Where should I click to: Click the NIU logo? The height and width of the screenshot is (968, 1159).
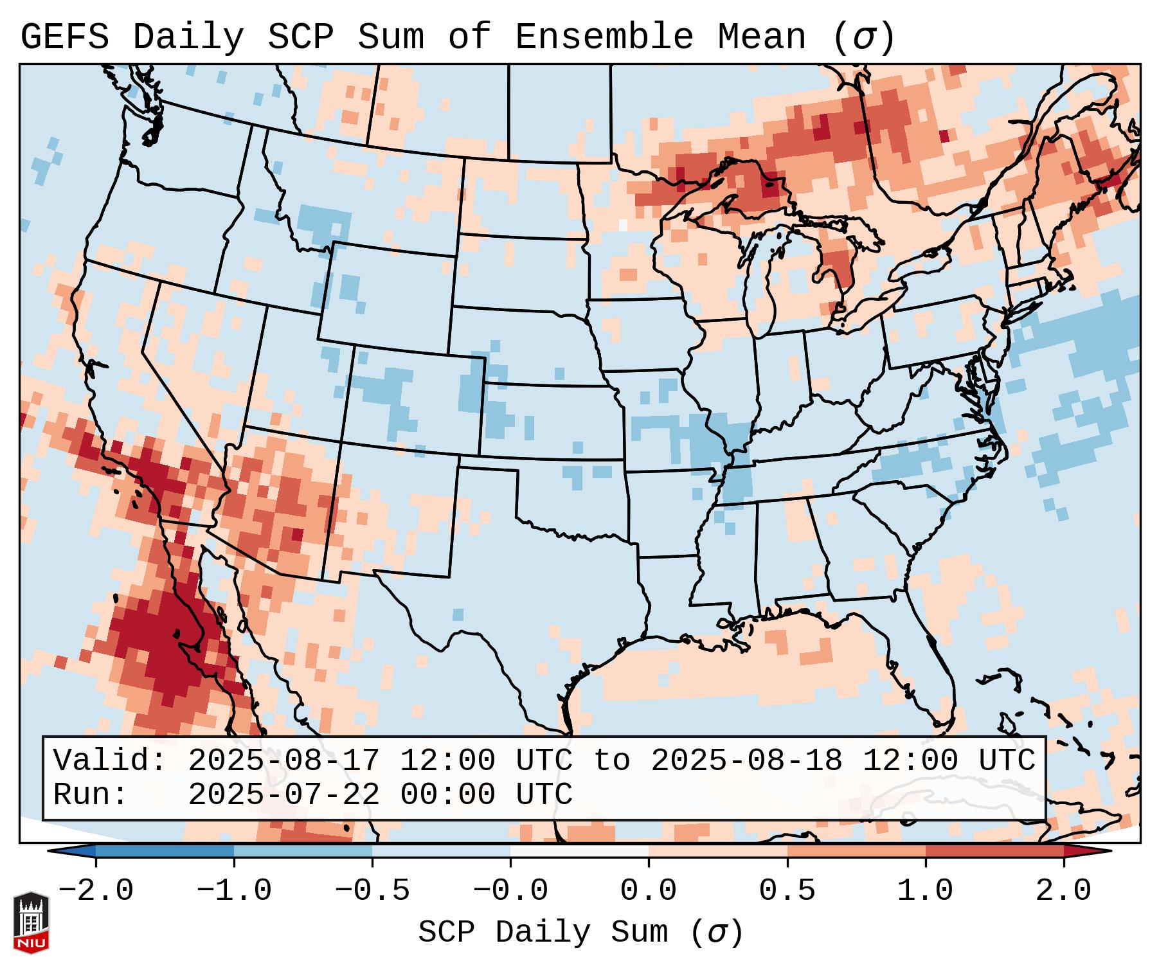31,922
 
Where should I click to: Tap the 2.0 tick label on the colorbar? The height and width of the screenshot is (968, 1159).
1064,891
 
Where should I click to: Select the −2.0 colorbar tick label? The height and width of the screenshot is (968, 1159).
96,891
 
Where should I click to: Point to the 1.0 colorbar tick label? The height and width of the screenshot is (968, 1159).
925,891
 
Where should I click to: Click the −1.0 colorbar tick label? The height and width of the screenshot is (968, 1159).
234,891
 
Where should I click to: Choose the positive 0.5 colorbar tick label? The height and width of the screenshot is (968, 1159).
787,891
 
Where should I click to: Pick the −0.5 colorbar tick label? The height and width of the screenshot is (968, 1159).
372,891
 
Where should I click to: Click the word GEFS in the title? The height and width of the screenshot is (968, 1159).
64,37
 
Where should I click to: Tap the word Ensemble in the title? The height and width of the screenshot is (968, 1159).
604,37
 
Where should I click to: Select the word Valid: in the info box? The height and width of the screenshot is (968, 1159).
110,760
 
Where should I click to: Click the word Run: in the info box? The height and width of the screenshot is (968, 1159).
91,794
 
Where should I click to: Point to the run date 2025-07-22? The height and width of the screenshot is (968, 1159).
283,794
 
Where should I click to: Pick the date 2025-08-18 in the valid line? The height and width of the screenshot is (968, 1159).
746,760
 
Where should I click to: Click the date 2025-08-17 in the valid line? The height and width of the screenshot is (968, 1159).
283,760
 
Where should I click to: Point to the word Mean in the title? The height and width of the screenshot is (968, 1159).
761,37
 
